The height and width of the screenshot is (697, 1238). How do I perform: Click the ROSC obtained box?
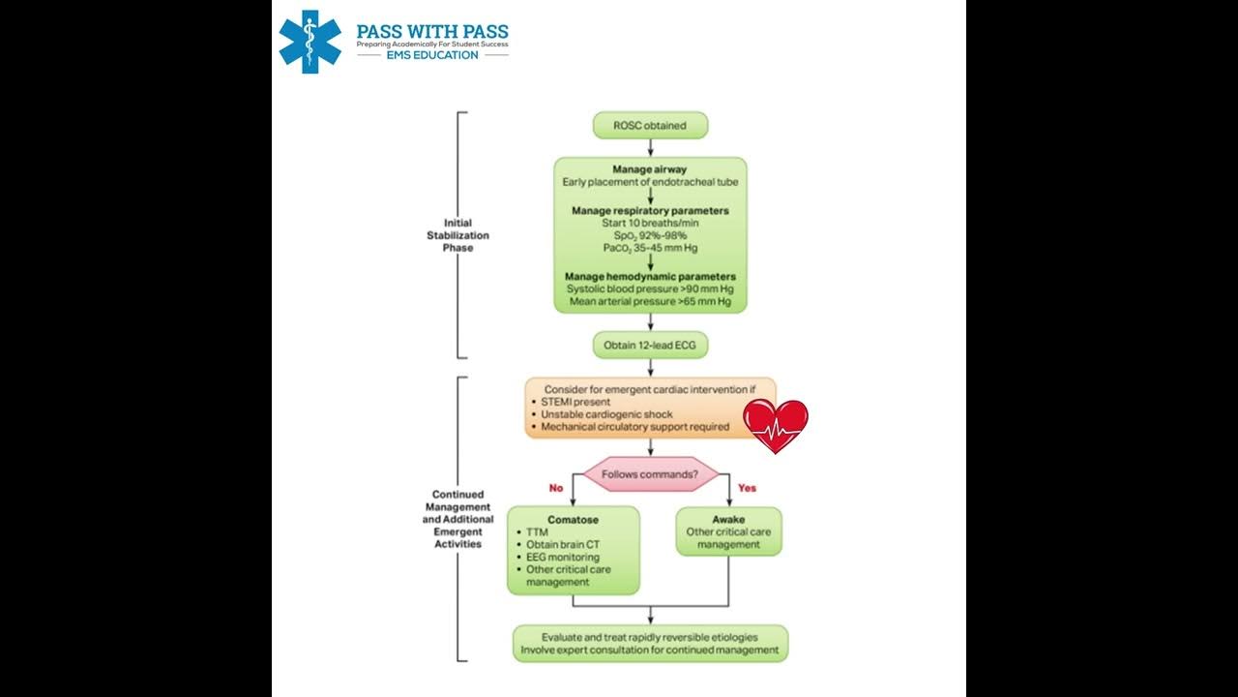click(650, 125)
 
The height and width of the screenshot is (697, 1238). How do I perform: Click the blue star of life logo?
click(309, 42)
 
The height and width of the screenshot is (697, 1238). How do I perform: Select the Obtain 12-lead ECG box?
click(650, 345)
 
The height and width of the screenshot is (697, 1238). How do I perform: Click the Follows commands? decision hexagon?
click(650, 474)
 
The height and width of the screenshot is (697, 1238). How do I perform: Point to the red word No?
click(555, 488)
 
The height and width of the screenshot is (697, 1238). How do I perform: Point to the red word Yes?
click(747, 488)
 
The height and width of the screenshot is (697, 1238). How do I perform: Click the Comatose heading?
click(574, 520)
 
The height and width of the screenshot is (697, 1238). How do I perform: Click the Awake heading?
click(728, 519)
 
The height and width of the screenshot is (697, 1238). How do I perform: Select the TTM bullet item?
click(538, 532)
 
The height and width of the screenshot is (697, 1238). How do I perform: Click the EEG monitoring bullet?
click(563, 558)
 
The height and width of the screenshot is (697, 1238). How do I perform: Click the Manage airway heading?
click(650, 169)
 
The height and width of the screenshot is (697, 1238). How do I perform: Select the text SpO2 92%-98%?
click(650, 235)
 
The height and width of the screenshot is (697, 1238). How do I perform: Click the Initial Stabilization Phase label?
click(458, 235)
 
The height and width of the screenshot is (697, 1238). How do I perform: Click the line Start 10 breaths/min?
click(650, 223)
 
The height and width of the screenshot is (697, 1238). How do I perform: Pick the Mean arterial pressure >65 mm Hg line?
click(650, 302)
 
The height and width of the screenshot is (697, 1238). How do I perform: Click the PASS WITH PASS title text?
click(431, 31)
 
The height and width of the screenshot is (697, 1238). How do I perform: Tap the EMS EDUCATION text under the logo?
click(432, 55)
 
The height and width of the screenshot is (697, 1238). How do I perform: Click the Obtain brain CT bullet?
click(563, 545)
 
